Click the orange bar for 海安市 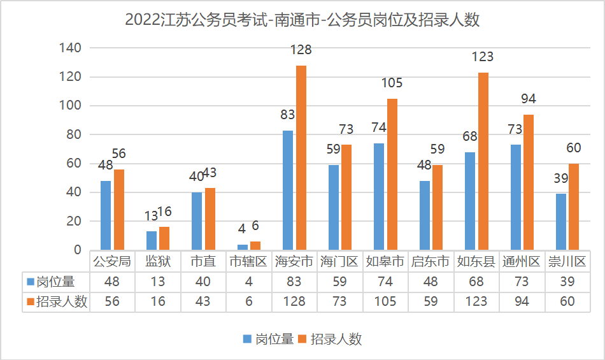click(x=301, y=157)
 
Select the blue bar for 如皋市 click(x=379, y=196)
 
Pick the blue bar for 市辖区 click(x=243, y=247)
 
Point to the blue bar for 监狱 click(x=152, y=240)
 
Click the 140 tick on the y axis click(x=70, y=48)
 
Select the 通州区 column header click(x=522, y=261)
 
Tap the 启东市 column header click(x=431, y=261)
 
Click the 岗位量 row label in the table click(x=55, y=281)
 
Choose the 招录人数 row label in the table click(x=55, y=301)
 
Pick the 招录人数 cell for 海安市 click(x=294, y=301)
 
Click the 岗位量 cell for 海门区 click(x=339, y=281)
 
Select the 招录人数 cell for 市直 click(x=203, y=301)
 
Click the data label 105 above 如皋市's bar click(x=392, y=83)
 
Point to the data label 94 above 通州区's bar click(x=528, y=99)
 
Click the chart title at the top click(x=302, y=20)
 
